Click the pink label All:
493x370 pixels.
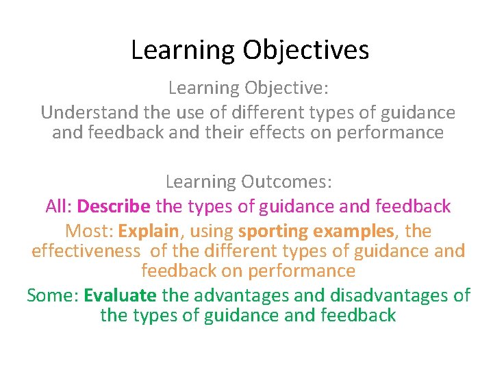click(x=59, y=206)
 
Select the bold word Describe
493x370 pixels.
click(x=114, y=206)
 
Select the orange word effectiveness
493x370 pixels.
click(x=85, y=251)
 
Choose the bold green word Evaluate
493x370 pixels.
click(x=120, y=295)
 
